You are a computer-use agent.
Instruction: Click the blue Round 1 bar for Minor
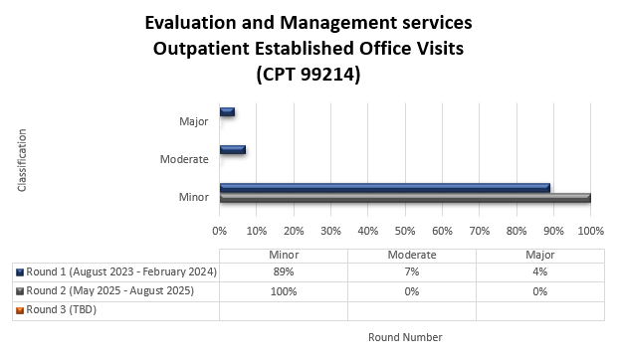pos(384,187)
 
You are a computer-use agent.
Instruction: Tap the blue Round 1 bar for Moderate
pos(232,149)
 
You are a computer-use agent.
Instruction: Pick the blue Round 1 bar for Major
pos(227,111)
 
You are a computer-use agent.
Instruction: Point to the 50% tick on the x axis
pos(404,230)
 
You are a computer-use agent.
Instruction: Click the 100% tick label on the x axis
pos(590,230)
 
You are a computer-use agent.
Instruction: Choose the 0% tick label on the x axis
pos(219,230)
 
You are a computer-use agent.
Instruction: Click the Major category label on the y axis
pos(193,121)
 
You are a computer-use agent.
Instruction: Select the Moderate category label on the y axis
pos(184,159)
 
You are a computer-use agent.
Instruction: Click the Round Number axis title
pos(405,337)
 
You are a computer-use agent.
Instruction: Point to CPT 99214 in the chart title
pos(309,74)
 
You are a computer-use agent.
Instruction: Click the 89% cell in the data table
pos(283,271)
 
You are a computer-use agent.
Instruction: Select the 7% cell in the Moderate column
pos(411,271)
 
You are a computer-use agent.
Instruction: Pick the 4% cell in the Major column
pos(539,271)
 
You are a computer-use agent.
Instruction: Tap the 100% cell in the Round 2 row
pos(283,290)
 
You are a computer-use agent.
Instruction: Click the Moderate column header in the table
pos(411,254)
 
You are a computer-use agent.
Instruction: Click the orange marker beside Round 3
pos(20,309)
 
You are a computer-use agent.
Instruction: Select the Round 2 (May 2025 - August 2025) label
pos(108,290)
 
